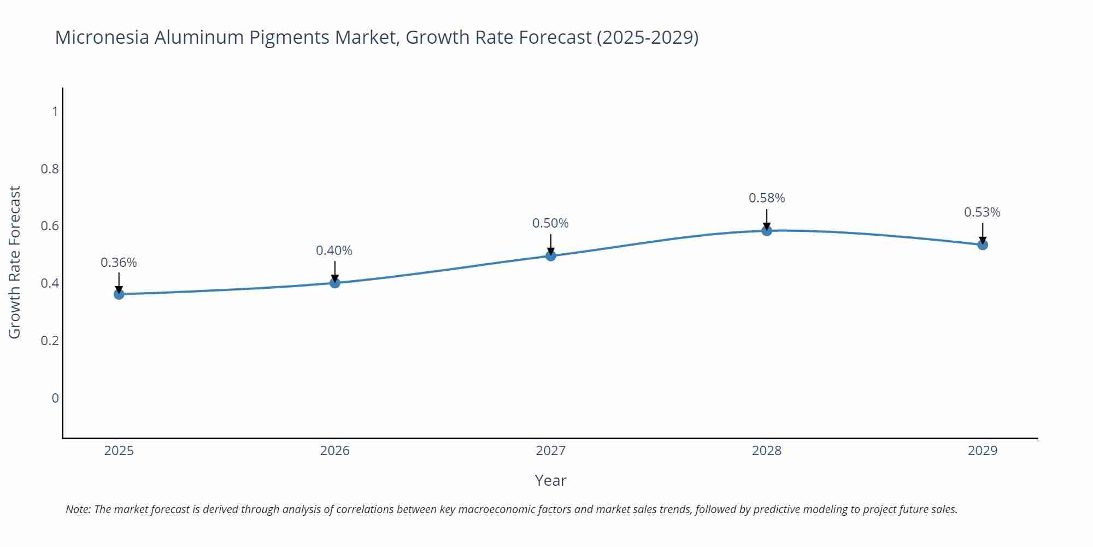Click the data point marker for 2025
tap(119, 294)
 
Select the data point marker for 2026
tap(335, 283)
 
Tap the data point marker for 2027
tap(551, 255)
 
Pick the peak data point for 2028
tap(767, 231)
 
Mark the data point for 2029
tap(983, 245)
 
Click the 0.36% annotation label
tap(119, 263)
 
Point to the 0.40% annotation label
tap(334, 251)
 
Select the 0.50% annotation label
tap(550, 223)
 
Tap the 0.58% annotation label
tap(767, 198)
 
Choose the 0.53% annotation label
tap(982, 212)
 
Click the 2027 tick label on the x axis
tap(551, 451)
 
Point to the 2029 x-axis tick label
tap(983, 451)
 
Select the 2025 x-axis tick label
tap(119, 451)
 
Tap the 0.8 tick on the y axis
tap(50, 169)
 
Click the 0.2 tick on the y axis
tap(50, 341)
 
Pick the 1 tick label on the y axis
tap(55, 112)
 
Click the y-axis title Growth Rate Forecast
tap(15, 262)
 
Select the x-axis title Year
tap(550, 480)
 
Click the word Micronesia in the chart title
tap(102, 37)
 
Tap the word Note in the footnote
tap(78, 509)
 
